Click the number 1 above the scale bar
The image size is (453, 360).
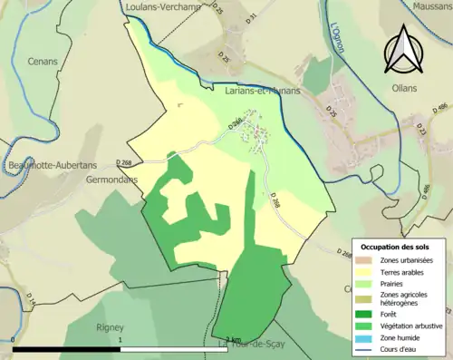(x=120, y=340)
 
